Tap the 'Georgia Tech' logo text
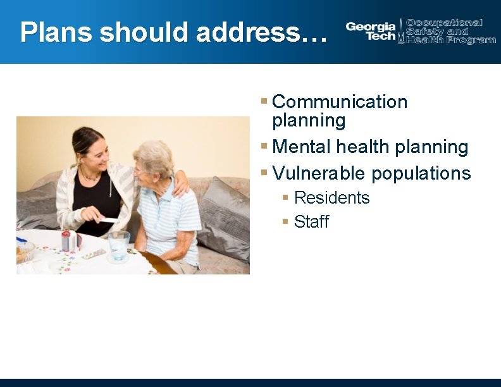tap(371, 31)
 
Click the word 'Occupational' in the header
tap(444, 23)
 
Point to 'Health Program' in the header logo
tap(451, 40)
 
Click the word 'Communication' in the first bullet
tap(340, 102)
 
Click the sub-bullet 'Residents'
tap(331, 198)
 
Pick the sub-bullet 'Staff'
tap(311, 222)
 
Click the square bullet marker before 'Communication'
tap(264, 101)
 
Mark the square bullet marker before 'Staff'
tap(286, 222)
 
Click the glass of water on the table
tap(118, 244)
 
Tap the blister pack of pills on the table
tap(93, 254)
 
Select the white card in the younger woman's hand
tap(108, 219)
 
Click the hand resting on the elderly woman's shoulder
tap(180, 184)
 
